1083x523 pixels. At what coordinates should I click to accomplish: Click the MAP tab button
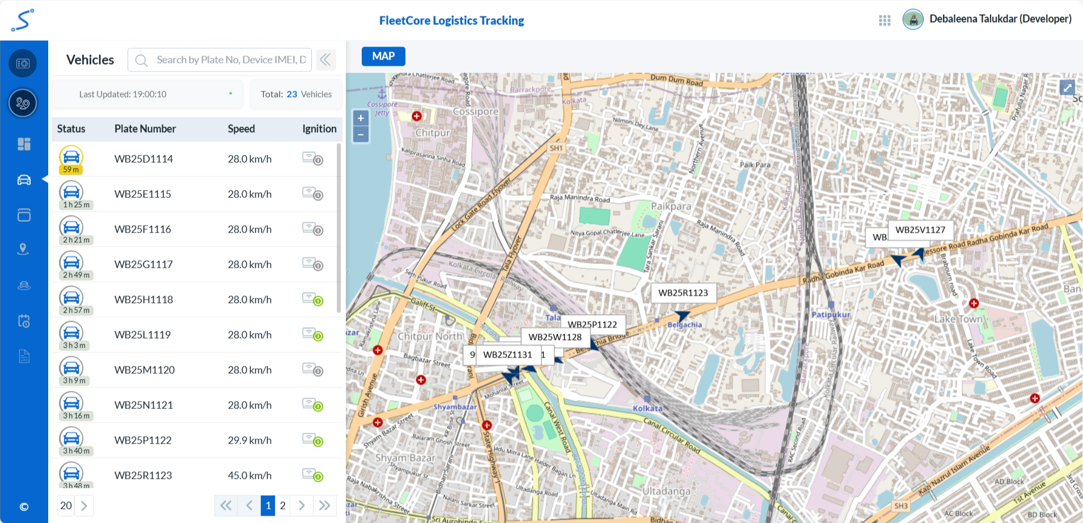(x=383, y=56)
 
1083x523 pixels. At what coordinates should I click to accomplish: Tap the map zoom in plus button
(x=361, y=119)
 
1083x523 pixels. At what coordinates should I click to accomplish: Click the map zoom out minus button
(x=361, y=135)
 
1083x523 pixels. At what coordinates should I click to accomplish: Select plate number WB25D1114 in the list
(x=143, y=159)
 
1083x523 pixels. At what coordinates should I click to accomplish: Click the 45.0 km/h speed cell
(x=249, y=475)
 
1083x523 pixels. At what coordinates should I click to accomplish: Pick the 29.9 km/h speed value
(x=249, y=440)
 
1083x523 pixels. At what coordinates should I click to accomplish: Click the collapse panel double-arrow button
(x=325, y=60)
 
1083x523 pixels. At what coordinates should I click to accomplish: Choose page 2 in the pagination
(x=282, y=505)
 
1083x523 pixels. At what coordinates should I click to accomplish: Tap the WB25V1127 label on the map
(x=920, y=230)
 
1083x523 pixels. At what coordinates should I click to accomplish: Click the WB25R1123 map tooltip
(x=683, y=293)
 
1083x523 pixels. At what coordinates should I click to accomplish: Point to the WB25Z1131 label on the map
(x=507, y=355)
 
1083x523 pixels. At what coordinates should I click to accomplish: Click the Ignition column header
(x=319, y=129)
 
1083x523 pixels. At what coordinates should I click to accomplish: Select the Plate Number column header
(x=145, y=129)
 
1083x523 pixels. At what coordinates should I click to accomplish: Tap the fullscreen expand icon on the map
(x=1067, y=87)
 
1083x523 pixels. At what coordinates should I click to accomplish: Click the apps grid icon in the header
(x=885, y=20)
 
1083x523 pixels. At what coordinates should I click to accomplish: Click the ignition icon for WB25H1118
(x=312, y=299)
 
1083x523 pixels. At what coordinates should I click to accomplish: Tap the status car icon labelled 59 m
(x=71, y=158)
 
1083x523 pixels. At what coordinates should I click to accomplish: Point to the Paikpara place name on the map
(x=671, y=206)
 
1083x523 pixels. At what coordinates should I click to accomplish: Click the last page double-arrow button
(x=324, y=505)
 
